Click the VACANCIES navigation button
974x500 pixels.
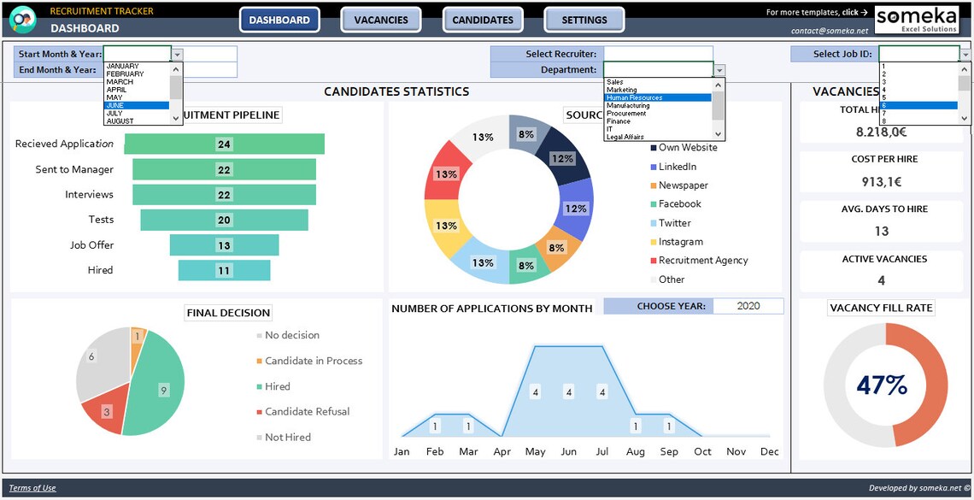point(381,20)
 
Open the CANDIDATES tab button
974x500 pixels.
point(483,20)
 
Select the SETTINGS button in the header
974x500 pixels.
point(584,20)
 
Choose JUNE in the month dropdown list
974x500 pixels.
point(137,105)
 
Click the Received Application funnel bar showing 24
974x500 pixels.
point(224,144)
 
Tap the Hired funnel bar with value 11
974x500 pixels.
point(224,270)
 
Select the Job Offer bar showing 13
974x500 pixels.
point(224,245)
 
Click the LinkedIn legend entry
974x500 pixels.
point(677,167)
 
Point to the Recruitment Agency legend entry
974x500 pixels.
point(702,261)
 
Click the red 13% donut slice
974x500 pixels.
point(444,174)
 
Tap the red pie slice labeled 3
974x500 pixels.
point(106,412)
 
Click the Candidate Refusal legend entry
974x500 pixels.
point(307,412)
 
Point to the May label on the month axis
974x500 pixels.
point(535,451)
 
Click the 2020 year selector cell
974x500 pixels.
point(748,306)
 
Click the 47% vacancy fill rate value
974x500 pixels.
point(882,385)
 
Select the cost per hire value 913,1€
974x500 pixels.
point(882,182)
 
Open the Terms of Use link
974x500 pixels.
point(32,488)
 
